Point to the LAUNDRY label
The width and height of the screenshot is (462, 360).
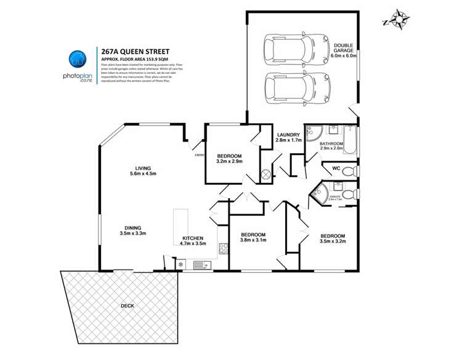288,138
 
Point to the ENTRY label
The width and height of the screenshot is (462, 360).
199,155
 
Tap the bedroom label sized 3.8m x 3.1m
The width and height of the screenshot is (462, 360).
253,238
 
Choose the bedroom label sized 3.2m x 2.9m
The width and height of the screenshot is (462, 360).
229,158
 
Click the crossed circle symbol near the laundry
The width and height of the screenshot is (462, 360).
266,174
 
